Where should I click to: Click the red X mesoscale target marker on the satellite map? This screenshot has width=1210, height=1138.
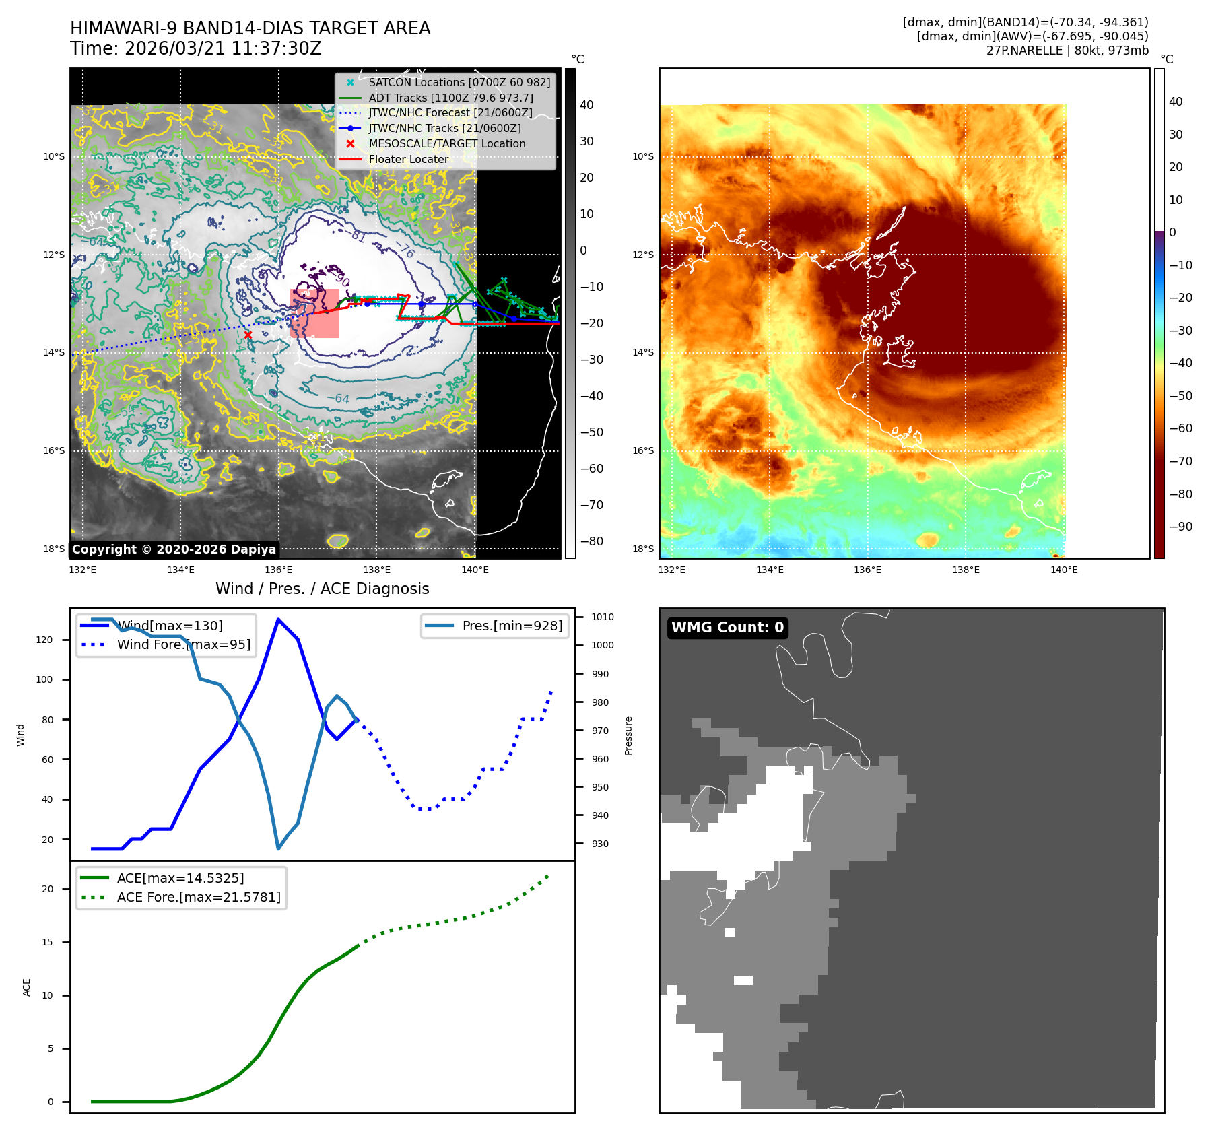248,335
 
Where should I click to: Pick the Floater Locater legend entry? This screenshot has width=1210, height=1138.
408,159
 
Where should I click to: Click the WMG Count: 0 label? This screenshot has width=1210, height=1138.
727,627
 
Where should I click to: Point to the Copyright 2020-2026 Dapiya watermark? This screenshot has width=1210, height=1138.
174,549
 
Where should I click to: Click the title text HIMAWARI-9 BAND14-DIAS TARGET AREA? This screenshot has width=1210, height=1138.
250,28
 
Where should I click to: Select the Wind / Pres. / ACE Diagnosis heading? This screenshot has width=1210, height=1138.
322,589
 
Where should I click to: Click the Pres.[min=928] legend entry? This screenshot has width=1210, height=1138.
512,626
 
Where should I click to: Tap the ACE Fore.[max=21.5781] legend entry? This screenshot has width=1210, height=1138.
199,897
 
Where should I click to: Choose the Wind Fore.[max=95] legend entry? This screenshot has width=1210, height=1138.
183,644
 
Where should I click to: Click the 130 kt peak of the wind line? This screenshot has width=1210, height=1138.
278,620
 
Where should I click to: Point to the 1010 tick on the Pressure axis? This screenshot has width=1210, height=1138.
602,617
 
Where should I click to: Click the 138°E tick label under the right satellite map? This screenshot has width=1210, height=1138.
966,570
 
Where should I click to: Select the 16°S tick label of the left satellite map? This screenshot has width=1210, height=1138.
54,450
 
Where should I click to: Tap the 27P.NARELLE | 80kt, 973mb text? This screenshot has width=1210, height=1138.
1067,51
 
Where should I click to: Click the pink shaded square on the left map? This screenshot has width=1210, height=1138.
314,313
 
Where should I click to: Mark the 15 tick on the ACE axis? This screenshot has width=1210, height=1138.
47,942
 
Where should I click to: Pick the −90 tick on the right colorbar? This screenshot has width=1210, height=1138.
1180,527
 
